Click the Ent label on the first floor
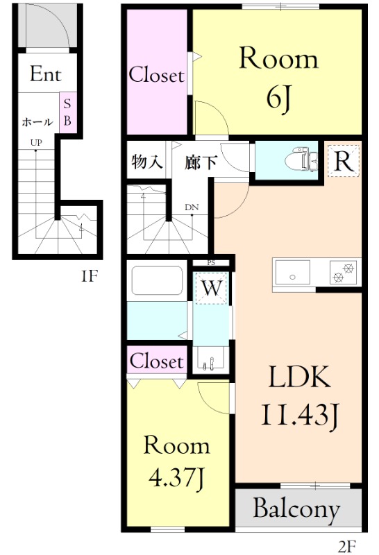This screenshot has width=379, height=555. coord(45,74)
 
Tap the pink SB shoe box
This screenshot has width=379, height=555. coord(67,112)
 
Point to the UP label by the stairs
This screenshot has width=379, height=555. coord(36,143)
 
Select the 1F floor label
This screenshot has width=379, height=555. coord(89,275)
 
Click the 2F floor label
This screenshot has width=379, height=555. coord(347,547)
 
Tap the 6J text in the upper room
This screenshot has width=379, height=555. coord(279,99)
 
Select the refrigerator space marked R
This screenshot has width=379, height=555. coord(343,162)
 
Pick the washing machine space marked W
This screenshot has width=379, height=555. coord(212,287)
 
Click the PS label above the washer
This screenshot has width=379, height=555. coord(211,263)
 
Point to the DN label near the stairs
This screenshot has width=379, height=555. coord(192,207)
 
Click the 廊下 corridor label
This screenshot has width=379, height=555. coord(201,162)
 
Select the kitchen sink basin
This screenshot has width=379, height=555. coord(292,272)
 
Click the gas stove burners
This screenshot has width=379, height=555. coord(343,272)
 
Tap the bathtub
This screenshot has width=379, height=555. coord(158,281)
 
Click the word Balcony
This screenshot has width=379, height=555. coord(296,509)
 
